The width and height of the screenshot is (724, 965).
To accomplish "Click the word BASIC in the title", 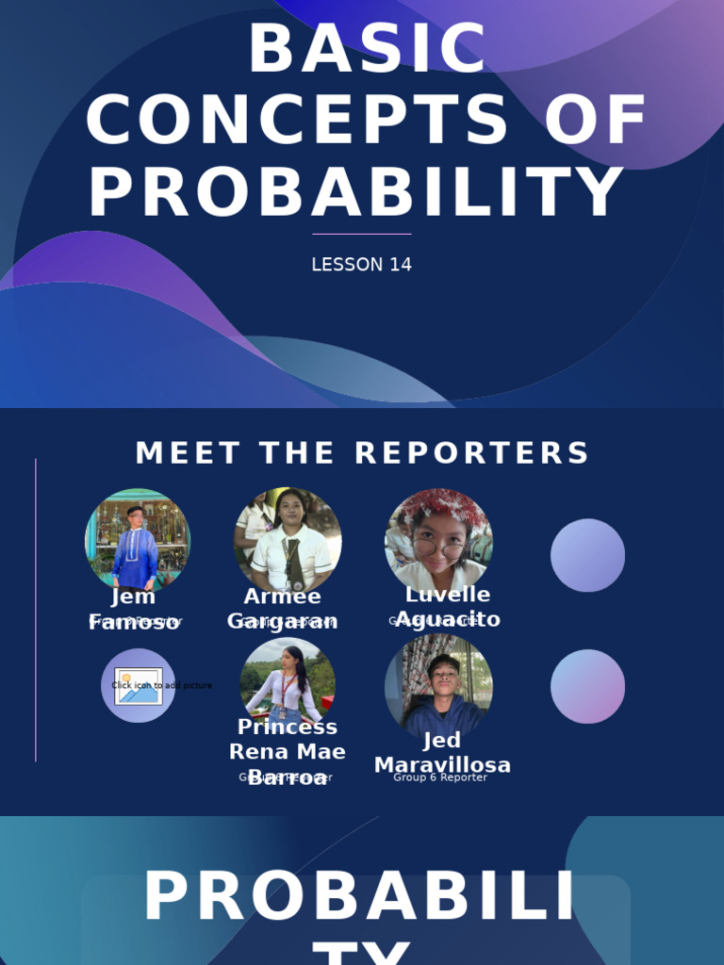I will coord(368,49).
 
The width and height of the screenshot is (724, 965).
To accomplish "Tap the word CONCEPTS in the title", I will coord(298,122).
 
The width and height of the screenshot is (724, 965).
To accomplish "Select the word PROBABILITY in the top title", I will coord(356,193).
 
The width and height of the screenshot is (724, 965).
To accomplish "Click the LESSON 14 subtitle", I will coord(361,265).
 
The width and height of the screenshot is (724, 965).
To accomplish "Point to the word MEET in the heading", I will coord(189,453).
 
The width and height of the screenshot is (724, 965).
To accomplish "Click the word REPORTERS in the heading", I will coord(471,453).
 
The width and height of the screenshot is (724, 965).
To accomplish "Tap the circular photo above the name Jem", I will coord(138,539).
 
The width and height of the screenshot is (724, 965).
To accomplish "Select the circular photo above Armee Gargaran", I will coord(288,540).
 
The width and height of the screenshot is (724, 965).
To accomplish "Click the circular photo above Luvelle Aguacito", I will coord(438,540).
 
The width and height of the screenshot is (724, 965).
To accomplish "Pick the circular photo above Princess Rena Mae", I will coord(288,680).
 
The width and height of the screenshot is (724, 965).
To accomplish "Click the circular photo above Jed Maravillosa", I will coord(438,685).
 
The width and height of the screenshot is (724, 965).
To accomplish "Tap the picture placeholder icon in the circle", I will coord(138,686).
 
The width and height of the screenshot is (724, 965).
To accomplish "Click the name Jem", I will coord(133,597).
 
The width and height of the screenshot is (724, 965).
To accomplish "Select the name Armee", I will coord(282,597).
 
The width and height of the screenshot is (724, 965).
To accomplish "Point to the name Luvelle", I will coord(448,595).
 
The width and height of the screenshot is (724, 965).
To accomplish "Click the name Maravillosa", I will coord(442,765).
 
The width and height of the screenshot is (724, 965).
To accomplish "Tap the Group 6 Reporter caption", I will coord(440,777).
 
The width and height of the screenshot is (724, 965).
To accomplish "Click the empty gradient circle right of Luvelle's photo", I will coord(587,555).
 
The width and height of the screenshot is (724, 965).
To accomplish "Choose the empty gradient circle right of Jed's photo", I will coord(587,686).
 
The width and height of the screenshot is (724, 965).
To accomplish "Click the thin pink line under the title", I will coord(361,234).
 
